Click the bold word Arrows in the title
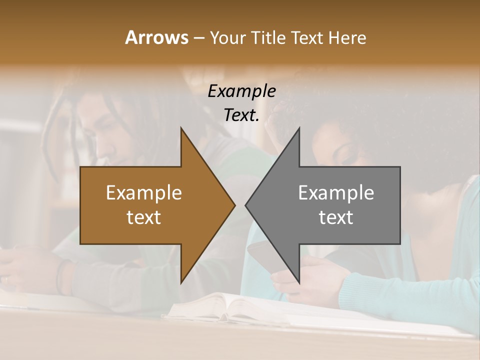(156, 37)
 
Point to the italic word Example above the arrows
(242, 91)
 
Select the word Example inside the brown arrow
(144, 193)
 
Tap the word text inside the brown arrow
(144, 217)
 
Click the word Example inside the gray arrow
(336, 193)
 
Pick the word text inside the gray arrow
(336, 217)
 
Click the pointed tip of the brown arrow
(234, 205)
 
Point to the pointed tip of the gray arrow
(245, 205)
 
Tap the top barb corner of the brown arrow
(181, 128)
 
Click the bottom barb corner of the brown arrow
(181, 283)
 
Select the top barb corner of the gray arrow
(299, 128)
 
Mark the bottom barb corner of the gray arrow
(299, 283)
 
